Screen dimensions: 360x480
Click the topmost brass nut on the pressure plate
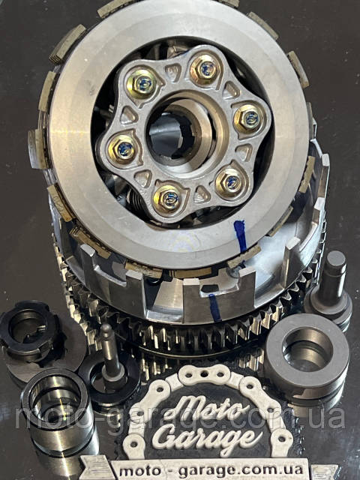click(205, 70)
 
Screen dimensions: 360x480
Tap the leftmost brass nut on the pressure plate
click(124, 148)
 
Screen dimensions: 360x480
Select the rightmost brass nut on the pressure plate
click(248, 118)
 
